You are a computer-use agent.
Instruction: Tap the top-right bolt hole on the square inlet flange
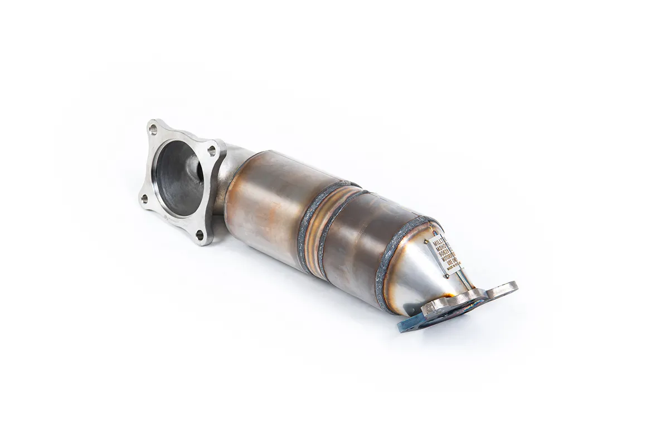point(211,150)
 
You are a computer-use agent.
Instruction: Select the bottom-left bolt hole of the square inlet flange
point(144,198)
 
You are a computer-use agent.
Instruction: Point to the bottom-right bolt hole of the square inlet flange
point(200,234)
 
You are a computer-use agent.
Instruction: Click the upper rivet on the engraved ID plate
point(426,241)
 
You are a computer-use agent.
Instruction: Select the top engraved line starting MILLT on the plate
point(439,242)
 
